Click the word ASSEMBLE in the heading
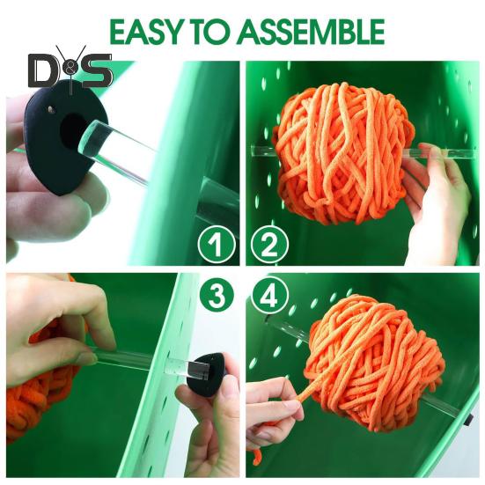coord(311,32)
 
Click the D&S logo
coord(70,70)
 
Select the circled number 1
coord(217,245)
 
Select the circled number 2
coord(269,245)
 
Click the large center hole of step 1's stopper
coord(72,130)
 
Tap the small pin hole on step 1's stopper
coord(50,108)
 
